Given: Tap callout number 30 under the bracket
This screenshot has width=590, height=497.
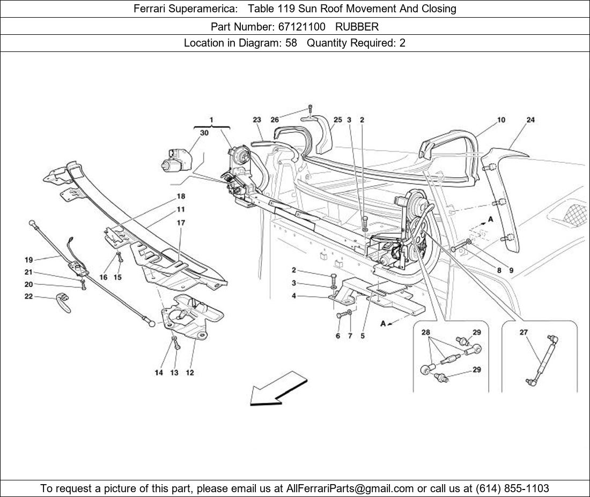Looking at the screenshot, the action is point(204,133).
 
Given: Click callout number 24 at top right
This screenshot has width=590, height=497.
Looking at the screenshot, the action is point(530,120).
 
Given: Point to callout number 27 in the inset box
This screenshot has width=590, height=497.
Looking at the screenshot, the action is point(523,333).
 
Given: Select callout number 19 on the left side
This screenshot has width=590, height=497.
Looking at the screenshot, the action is point(28,260).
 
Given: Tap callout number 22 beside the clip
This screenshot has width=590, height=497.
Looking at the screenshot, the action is point(28,296).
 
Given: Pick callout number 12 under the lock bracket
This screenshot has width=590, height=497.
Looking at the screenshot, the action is point(190,373).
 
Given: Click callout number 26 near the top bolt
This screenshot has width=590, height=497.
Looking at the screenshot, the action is point(275,120).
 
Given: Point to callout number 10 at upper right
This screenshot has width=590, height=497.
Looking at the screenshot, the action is point(500,120).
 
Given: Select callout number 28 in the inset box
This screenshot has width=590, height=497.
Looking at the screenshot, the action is point(426,333).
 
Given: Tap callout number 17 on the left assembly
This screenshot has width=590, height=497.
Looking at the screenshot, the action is point(181,223).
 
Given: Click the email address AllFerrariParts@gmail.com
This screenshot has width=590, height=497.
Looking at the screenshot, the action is point(350,488).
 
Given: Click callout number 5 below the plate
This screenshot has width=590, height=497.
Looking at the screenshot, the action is point(363,336).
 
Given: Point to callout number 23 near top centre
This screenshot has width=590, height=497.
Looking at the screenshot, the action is point(257,120).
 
